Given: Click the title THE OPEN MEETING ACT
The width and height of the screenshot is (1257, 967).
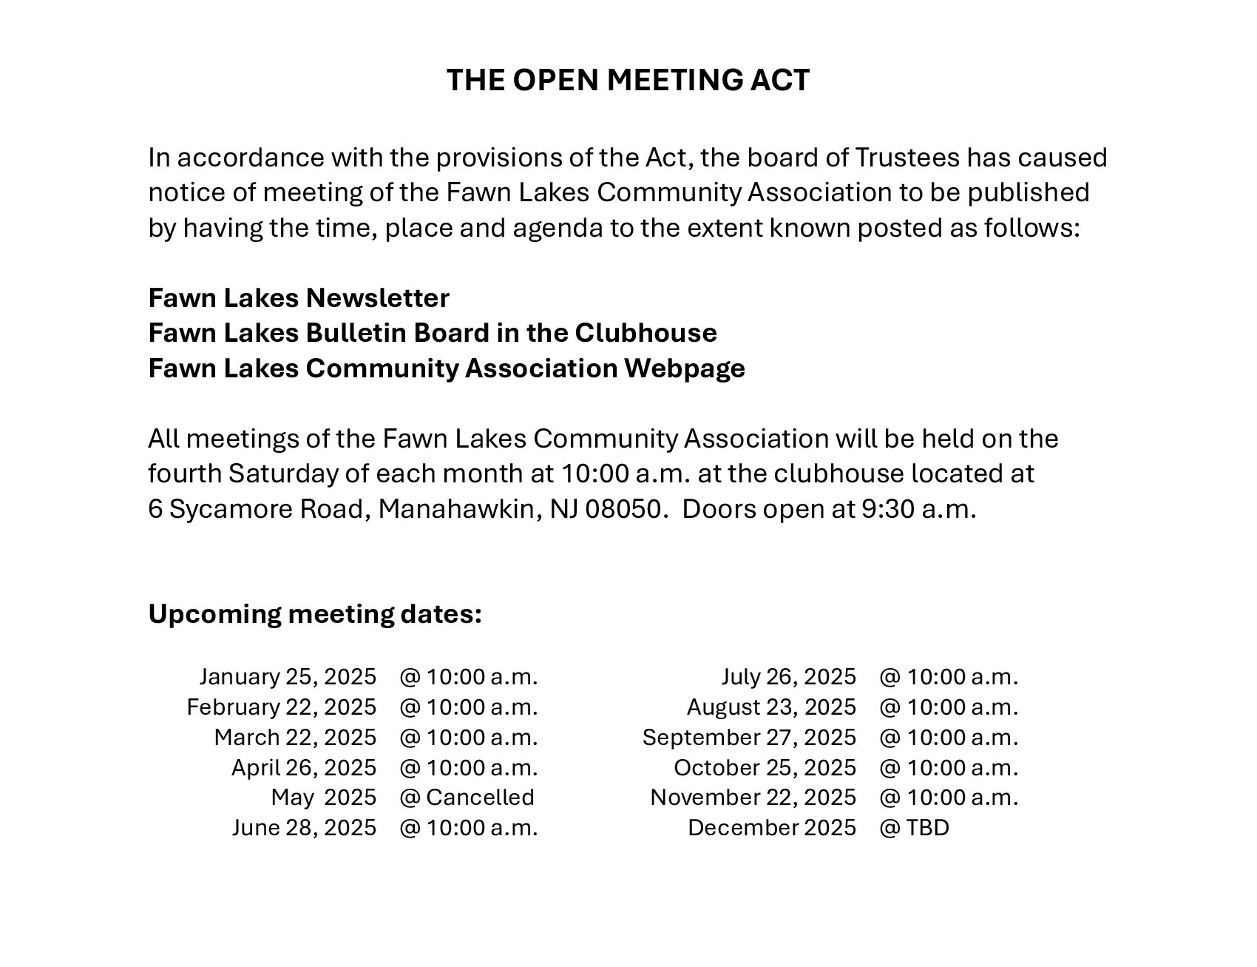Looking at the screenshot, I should pyautogui.click(x=628, y=80).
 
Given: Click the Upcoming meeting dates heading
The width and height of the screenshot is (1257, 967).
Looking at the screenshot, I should pyautogui.click(x=315, y=614).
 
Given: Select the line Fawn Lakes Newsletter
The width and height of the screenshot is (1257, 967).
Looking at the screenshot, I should pyautogui.click(x=299, y=298).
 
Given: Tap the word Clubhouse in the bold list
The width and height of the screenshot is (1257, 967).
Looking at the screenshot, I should pyautogui.click(x=646, y=333).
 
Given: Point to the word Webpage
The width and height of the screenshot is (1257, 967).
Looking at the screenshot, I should pyautogui.click(x=684, y=368).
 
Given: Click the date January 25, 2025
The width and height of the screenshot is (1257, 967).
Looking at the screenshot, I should pyautogui.click(x=288, y=677).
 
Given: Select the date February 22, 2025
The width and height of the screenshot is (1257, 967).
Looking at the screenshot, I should pyautogui.click(x=281, y=707).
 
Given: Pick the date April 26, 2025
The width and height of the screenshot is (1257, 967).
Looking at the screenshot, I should pyautogui.click(x=304, y=768).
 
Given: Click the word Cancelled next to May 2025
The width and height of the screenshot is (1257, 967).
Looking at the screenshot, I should pyautogui.click(x=480, y=798).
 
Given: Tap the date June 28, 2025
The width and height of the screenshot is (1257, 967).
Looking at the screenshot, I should pyautogui.click(x=304, y=828).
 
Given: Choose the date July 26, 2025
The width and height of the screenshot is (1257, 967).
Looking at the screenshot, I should pyautogui.click(x=788, y=677).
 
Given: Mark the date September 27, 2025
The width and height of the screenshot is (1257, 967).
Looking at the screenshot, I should pyautogui.click(x=749, y=738).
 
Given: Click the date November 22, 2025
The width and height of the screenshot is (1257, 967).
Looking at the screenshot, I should pyautogui.click(x=753, y=798).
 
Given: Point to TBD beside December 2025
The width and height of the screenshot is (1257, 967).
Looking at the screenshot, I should pyautogui.click(x=927, y=828).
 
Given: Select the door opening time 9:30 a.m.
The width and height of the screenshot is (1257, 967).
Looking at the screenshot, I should pyautogui.click(x=918, y=510).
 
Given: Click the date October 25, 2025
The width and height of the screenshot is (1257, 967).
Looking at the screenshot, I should pyautogui.click(x=765, y=768).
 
